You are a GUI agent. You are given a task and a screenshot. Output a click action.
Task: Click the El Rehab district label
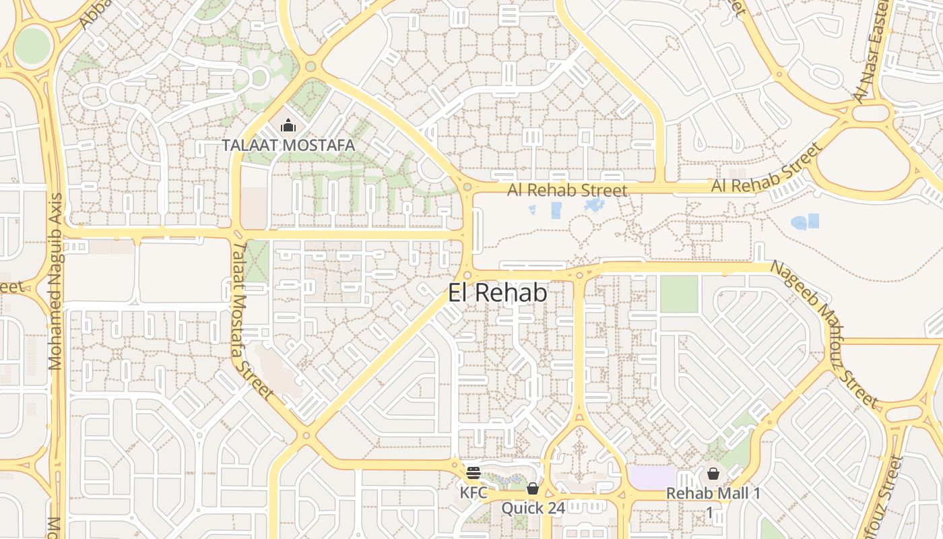pyautogui.click(x=497, y=292)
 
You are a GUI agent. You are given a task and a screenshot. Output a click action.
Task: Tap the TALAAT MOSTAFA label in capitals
pyautogui.click(x=288, y=145)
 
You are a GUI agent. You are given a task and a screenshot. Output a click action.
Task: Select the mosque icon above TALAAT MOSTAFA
pyautogui.click(x=288, y=126)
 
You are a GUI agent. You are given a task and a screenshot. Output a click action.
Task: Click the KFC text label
pyautogui.click(x=473, y=493)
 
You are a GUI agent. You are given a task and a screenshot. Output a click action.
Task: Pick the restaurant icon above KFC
pyautogui.click(x=473, y=472)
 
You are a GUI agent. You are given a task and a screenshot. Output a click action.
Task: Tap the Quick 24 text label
pyautogui.click(x=533, y=508)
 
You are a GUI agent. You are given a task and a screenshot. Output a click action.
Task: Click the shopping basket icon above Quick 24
pyautogui.click(x=533, y=488)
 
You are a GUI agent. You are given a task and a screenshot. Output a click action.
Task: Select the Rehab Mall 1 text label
pyautogui.click(x=713, y=493)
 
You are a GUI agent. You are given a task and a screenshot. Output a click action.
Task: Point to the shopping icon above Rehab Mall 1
pyautogui.click(x=713, y=474)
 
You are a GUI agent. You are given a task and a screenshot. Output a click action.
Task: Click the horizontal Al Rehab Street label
pyautogui.click(x=567, y=191)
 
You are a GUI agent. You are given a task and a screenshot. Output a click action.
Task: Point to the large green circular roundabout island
pyautogui.click(x=32, y=46)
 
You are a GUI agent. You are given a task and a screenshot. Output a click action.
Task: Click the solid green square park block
pyautogui.click(x=678, y=294)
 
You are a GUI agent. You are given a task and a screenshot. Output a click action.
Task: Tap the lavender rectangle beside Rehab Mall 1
pyautogui.click(x=651, y=477)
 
